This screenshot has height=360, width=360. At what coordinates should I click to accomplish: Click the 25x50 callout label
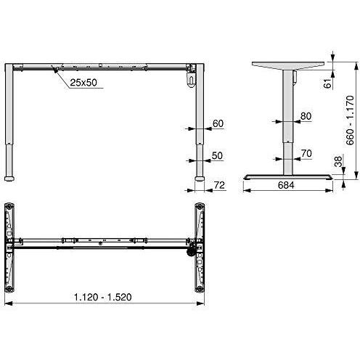pyautogui.click(x=83, y=83)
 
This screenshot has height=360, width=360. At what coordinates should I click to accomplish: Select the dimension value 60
pyautogui.click(x=218, y=123)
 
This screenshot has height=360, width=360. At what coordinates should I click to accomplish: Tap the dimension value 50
pyautogui.click(x=217, y=156)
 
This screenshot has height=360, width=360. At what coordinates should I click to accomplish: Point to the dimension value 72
pyautogui.click(x=220, y=185)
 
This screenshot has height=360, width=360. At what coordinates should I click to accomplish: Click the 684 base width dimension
pyautogui.click(x=286, y=185)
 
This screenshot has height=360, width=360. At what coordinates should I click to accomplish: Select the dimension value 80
pyautogui.click(x=306, y=116)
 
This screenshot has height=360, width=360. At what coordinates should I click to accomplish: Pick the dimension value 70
pyautogui.click(x=306, y=153)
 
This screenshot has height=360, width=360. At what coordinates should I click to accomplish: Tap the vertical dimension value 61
pyautogui.click(x=328, y=83)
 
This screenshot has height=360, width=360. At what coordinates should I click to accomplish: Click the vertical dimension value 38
pyautogui.click(x=338, y=161)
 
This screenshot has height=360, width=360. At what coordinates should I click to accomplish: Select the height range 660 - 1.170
pyautogui.click(x=350, y=120)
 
